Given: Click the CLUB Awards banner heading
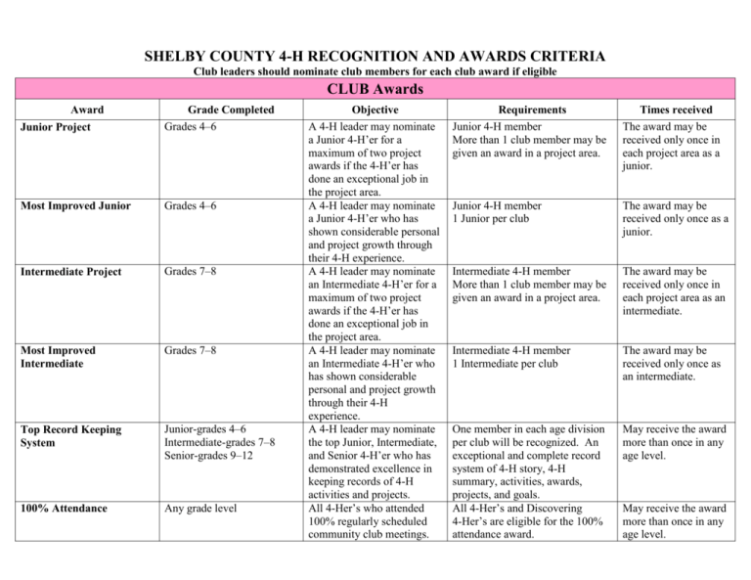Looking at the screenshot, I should pos(375,91).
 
